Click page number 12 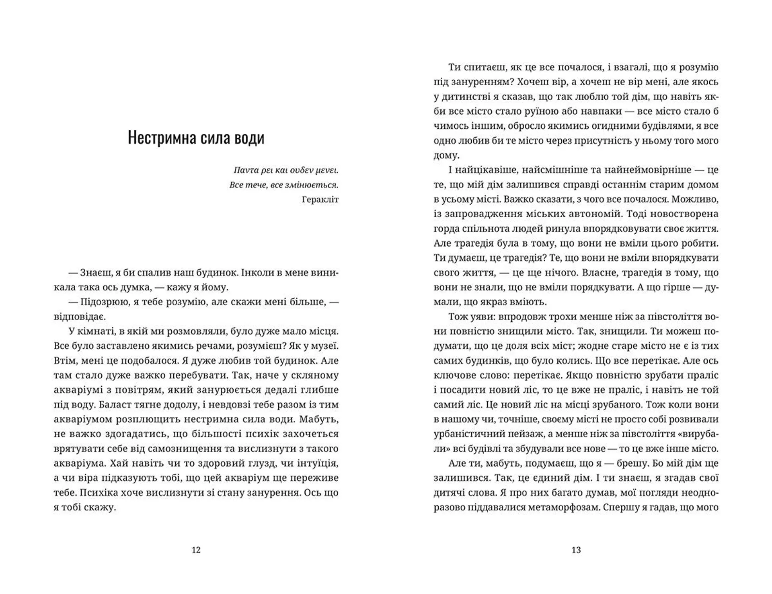(x=196, y=550)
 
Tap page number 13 (x=576, y=550)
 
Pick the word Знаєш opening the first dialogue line (x=94, y=273)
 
